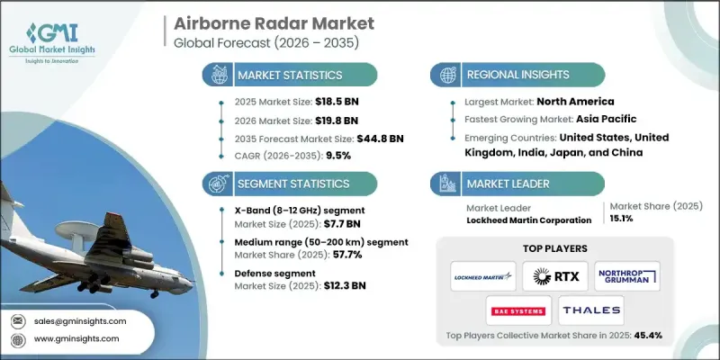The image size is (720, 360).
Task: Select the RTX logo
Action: click(550, 275)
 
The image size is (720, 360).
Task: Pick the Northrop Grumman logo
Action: click(626, 275)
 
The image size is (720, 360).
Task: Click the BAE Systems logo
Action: click(517, 310)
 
